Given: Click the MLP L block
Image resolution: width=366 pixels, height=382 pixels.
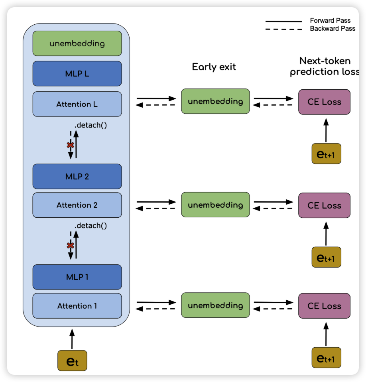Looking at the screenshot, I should coord(77,74).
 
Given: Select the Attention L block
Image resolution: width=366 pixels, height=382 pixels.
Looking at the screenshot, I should coord(77,104).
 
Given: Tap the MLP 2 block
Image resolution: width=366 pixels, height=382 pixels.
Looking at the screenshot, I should coord(77,176).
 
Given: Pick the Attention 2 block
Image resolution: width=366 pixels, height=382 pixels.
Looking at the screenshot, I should coord(77,205).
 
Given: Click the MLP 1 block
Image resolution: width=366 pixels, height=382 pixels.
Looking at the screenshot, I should coord(77,277).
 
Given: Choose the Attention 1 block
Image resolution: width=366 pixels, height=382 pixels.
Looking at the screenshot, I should coord(77,306).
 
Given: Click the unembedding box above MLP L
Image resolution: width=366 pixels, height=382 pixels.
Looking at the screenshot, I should coord(77,43).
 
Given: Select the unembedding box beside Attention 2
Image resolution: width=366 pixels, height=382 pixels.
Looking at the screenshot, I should coord(215,205).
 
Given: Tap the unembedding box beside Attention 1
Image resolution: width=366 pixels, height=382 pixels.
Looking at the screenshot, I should coord(215,306).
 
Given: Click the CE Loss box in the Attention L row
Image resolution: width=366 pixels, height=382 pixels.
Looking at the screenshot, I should coord(324,102).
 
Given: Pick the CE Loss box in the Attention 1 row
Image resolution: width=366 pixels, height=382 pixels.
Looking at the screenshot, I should coord(324,306).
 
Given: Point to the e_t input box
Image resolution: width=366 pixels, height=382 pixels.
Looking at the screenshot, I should coord(72,361).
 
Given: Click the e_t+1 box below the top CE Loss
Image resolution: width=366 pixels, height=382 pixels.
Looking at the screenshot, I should coord(326,154).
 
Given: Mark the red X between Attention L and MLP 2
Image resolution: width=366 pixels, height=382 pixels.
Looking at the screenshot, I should coord(70,145).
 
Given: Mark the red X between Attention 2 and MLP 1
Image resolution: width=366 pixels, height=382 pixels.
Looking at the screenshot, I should coord(70,246).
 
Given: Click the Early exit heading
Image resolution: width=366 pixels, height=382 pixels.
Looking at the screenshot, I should coord(214,67).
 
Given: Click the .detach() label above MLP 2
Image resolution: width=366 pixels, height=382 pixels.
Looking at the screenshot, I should coord(91,125).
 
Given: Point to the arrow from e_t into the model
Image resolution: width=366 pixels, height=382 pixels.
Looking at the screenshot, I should coord(72,339).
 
